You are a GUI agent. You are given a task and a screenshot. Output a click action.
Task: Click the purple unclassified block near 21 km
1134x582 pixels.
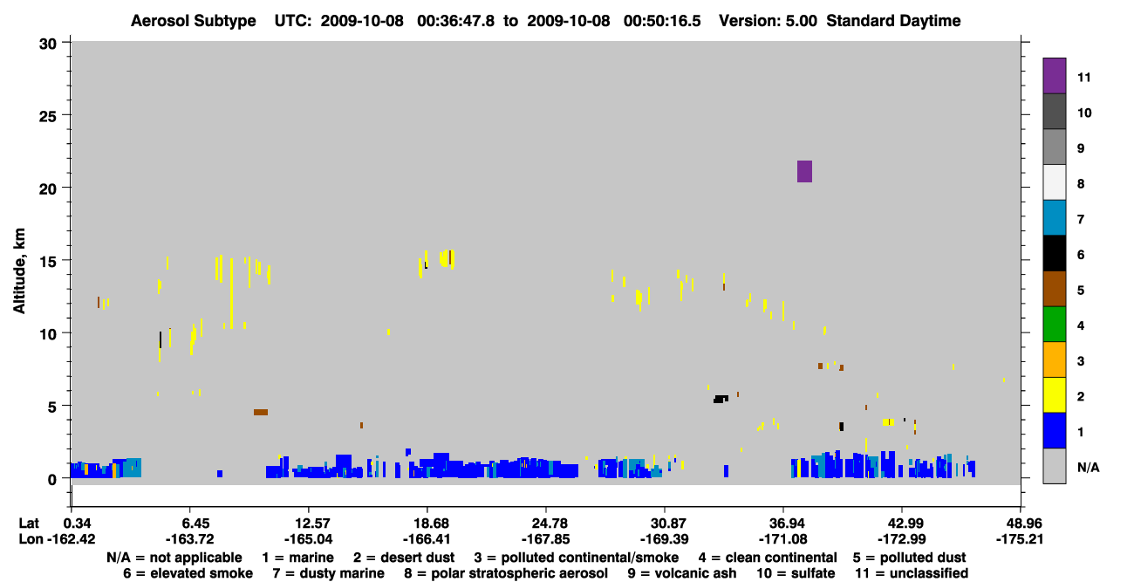tap(804, 171)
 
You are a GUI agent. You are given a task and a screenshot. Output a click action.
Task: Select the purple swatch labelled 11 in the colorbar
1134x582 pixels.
tap(1054, 76)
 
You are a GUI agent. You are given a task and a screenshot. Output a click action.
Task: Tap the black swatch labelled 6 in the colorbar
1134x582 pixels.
tap(1054, 253)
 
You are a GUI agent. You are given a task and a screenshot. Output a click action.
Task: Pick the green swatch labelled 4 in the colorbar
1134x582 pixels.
tap(1054, 325)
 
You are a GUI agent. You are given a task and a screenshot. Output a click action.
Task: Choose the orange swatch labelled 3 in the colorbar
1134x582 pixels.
tap(1054, 359)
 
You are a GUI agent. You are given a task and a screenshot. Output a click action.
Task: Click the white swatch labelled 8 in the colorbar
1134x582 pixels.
tap(1054, 182)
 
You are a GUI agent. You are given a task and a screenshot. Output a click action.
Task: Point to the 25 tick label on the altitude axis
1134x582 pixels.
tap(48, 117)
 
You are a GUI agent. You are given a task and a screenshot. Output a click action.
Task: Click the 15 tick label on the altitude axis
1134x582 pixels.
tap(48, 262)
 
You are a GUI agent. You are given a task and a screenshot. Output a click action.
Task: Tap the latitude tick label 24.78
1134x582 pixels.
tap(546, 523)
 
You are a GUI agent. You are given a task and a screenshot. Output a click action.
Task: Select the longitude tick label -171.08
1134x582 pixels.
tap(782, 539)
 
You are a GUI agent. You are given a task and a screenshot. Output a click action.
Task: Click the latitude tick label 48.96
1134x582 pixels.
tap(1020, 523)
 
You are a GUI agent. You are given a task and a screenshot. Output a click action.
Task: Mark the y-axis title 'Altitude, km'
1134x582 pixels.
tap(18, 271)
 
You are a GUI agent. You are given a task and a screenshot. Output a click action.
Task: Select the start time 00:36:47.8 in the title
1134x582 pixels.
tap(455, 21)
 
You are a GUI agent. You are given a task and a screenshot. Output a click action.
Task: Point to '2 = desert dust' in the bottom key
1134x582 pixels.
tap(404, 558)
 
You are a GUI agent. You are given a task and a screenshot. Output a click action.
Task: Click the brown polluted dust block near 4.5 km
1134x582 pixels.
tap(261, 413)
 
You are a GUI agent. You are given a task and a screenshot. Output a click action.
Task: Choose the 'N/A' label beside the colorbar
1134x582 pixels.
tap(1089, 468)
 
